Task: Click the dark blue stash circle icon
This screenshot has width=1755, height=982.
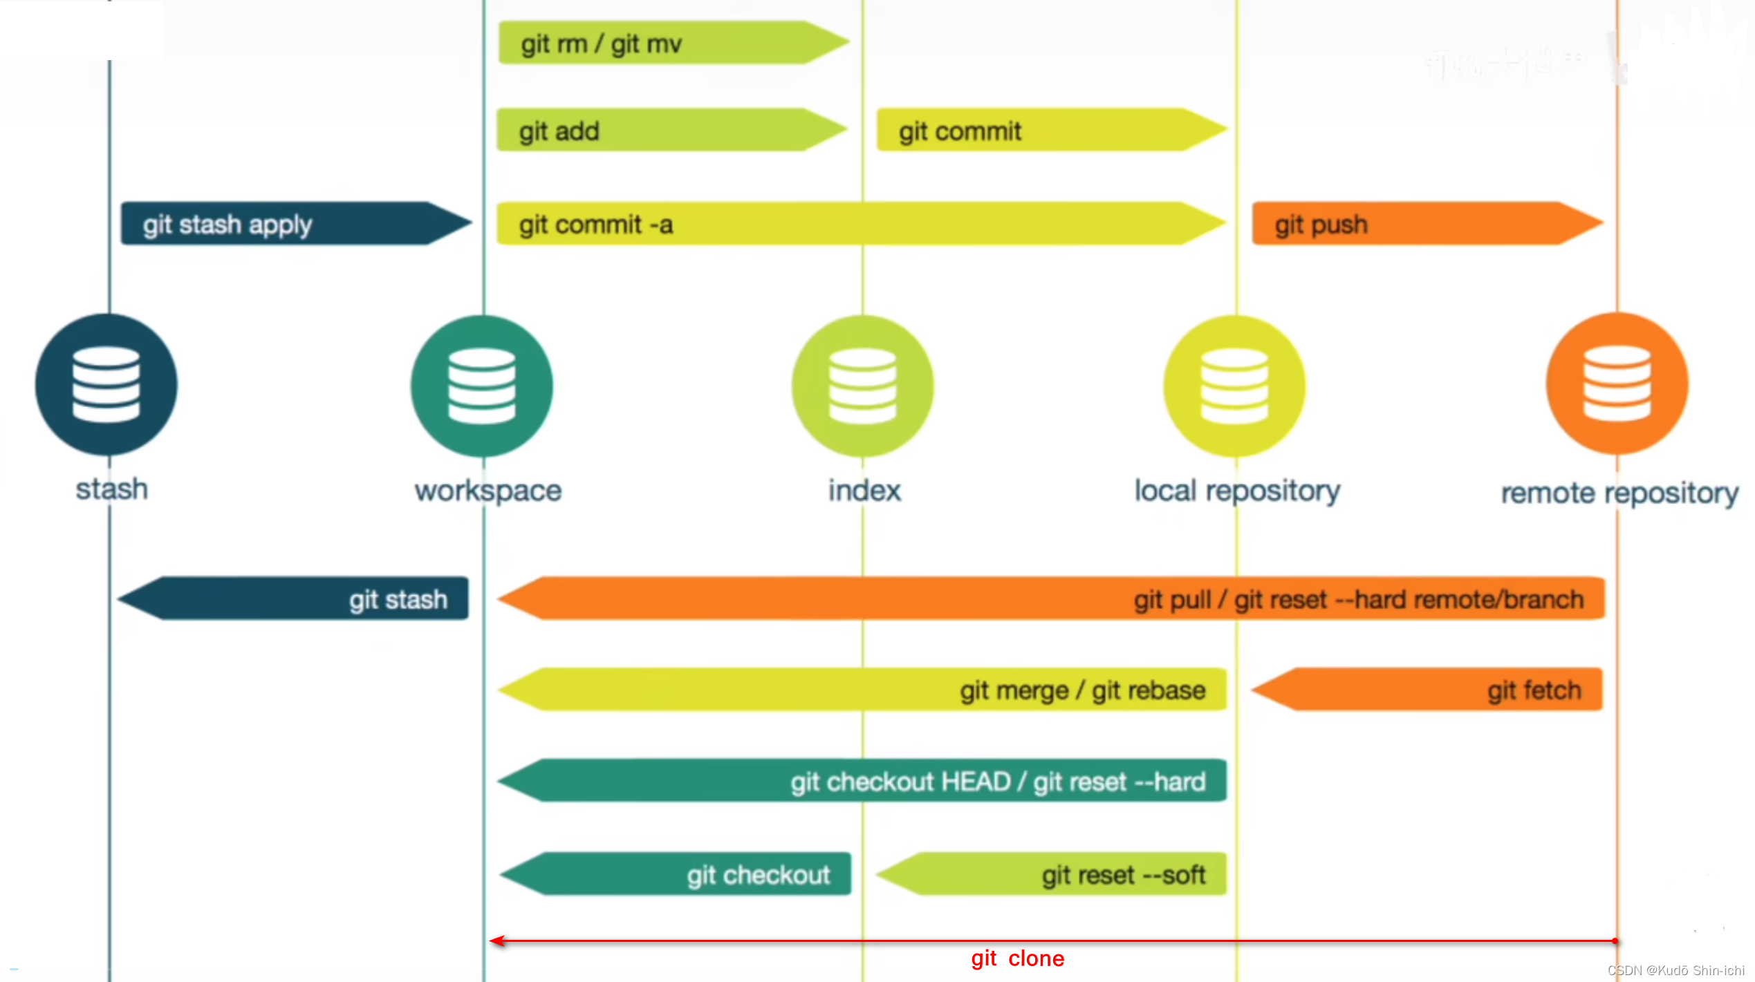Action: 106,385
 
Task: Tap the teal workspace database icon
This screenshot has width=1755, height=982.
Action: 482,386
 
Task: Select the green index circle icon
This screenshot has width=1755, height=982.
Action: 862,386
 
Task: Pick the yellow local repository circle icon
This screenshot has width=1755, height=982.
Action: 1234,386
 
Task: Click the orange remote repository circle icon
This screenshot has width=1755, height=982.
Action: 1617,384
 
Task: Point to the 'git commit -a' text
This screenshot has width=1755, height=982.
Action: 596,225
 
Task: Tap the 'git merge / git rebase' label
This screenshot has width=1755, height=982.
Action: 1082,690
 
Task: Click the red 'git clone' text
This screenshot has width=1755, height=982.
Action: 1017,959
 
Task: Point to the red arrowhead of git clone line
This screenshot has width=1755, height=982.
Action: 496,941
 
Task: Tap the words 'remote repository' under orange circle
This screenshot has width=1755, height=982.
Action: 1619,493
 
